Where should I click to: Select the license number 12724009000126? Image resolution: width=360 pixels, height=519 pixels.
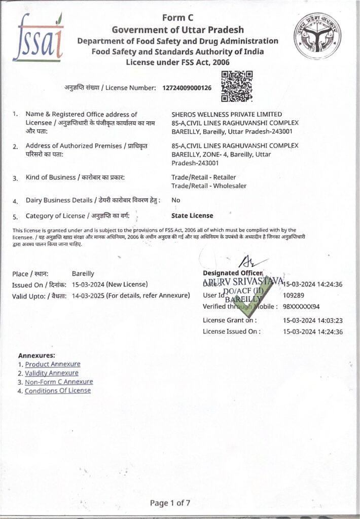pos(187,88)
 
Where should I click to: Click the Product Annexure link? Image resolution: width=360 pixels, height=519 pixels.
pos(52,364)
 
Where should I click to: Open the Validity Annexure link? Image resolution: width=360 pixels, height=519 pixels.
pos(51,373)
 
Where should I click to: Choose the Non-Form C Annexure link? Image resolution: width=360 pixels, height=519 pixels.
pos(59,382)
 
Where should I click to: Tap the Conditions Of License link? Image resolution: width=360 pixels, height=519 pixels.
pos(58,391)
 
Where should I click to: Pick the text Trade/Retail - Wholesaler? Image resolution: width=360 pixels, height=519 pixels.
pos(209,186)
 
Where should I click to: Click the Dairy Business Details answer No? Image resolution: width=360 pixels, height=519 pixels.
pos(176,200)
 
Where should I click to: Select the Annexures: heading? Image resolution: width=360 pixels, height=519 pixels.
pos(37,355)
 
